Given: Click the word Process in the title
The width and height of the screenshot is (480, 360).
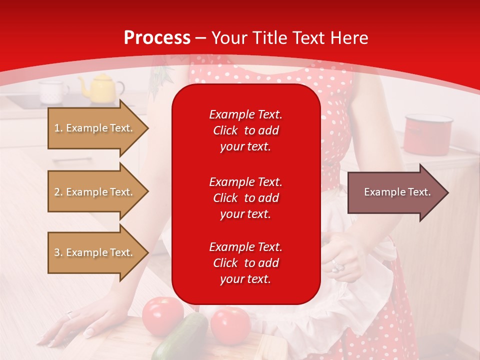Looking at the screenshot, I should (x=157, y=38).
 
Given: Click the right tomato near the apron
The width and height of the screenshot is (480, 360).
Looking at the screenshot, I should (x=230, y=325).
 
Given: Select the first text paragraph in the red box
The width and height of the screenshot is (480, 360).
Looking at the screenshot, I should (x=245, y=130).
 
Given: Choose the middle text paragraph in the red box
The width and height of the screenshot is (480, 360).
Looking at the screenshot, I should (x=245, y=198).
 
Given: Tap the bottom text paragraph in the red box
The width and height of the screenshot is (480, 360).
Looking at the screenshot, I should (x=245, y=263).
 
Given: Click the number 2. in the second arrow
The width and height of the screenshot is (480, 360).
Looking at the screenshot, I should (x=58, y=192).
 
